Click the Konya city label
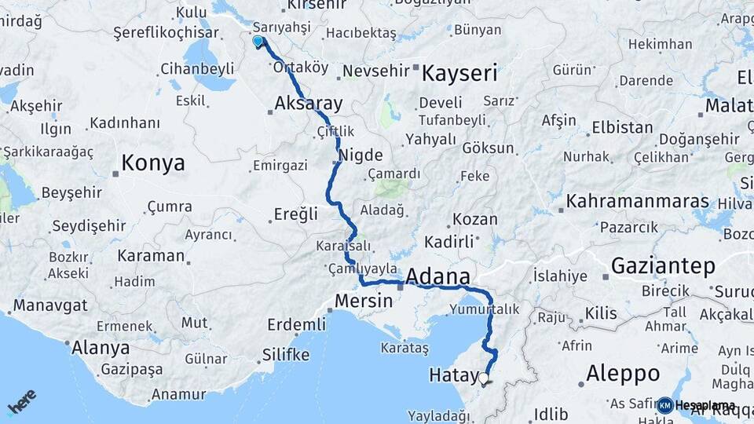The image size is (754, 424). click(153, 163)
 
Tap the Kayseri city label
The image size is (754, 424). click(460, 75)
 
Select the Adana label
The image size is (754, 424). click(438, 277)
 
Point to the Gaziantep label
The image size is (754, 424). click(663, 266)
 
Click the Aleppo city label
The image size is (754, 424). click(622, 371)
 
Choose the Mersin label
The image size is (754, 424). click(363, 301)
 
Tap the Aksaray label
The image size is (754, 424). click(309, 104)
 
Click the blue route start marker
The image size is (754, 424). click(258, 41)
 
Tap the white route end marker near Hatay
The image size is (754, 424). click(483, 378)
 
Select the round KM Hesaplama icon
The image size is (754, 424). click(664, 405)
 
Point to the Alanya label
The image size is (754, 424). click(101, 347)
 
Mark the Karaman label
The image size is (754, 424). click(151, 256)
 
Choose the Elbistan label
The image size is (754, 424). click(621, 127)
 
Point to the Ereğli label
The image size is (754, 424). click(296, 214)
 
